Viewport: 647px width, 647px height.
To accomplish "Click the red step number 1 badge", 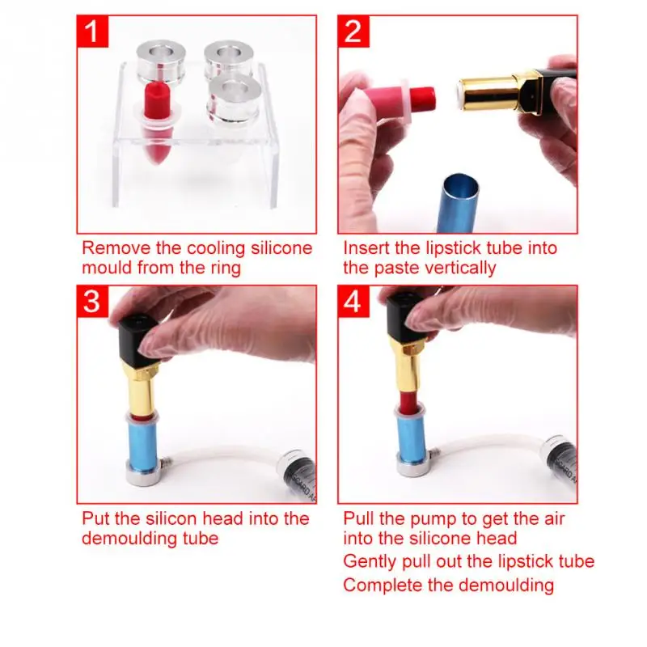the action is tap(92, 32).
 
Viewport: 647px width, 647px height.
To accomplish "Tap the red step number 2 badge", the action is tap(353, 32).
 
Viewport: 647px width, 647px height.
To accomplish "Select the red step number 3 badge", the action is tap(92, 302).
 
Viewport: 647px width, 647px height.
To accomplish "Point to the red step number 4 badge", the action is tap(353, 302).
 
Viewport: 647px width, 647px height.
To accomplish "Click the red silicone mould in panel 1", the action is tap(157, 124).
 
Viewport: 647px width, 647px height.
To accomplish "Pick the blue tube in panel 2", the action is tap(459, 203).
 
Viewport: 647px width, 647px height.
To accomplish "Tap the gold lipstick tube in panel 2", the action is tap(488, 93).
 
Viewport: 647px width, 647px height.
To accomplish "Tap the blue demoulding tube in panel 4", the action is tap(412, 438).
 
